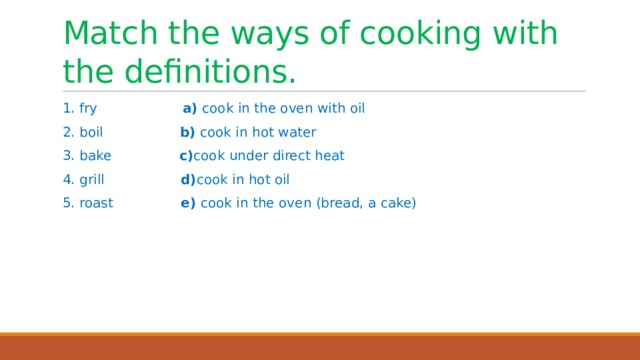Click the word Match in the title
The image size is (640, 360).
(111, 33)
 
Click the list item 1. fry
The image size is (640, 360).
(79, 108)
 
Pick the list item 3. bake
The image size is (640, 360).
(86, 156)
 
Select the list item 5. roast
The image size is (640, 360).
(87, 204)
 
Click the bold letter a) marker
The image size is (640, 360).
(189, 108)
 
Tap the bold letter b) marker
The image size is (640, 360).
(187, 132)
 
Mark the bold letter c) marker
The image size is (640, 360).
(185, 156)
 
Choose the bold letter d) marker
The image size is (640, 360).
(188, 180)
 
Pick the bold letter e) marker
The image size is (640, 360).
(187, 204)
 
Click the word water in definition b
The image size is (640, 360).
(297, 132)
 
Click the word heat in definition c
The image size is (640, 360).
(330, 156)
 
